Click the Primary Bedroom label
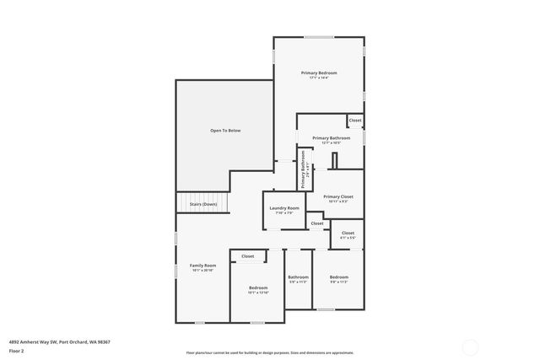point(319,73)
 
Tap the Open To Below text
point(225,131)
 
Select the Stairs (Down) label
point(203,204)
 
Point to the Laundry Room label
point(284,208)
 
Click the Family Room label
point(202,266)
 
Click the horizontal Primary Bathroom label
point(331,137)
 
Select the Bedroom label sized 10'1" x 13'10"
point(258,287)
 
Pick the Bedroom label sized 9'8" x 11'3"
point(338,277)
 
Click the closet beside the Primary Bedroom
point(355,121)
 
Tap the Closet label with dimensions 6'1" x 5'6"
point(348,233)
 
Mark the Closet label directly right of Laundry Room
point(316,223)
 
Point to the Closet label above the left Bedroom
point(248,256)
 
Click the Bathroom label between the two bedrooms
point(299,277)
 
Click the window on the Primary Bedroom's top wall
point(319,36)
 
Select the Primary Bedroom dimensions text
point(319,78)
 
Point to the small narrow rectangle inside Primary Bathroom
point(334,160)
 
